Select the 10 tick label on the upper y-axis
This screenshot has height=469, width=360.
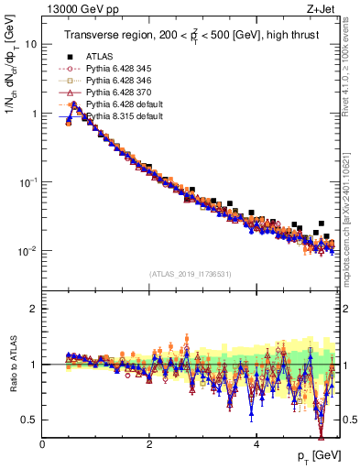pos(29,44)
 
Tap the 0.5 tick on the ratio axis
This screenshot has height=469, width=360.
pos(29,420)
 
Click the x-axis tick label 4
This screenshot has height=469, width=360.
pos(256,444)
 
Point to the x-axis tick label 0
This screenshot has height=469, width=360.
pos(43,444)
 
